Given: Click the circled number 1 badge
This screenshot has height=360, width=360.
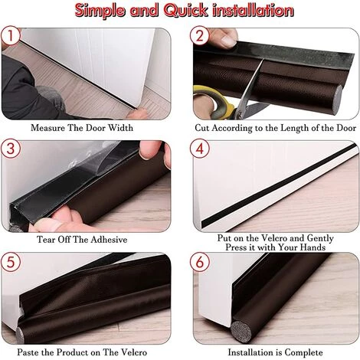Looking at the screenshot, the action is [11, 36].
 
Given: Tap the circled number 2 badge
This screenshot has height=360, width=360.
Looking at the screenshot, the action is [200, 36].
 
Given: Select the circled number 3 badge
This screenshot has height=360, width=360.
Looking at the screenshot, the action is [11, 149].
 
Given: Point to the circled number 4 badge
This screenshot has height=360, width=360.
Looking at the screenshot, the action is [200, 149].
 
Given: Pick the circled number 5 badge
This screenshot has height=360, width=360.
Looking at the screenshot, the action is [11, 262].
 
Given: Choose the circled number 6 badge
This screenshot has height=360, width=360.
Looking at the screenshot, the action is [200, 262].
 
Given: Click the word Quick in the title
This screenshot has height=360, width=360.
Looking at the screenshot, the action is [185, 11].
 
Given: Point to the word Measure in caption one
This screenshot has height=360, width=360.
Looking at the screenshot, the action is [47, 128].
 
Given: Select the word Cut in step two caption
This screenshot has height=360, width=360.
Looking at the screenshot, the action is [202, 128].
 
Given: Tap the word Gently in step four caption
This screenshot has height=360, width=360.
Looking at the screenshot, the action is [320, 238].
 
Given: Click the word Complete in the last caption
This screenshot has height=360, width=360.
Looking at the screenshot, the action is [303, 352].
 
